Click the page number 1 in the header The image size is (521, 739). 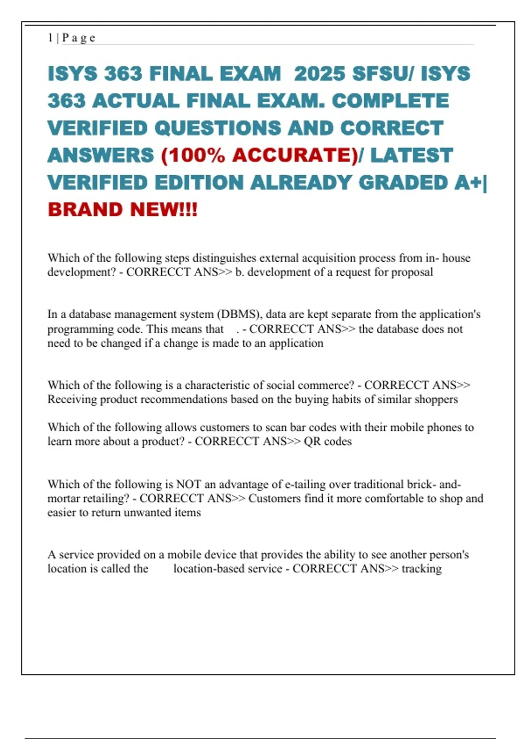[50, 38]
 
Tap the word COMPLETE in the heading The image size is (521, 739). [390, 101]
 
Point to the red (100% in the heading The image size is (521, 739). [192, 155]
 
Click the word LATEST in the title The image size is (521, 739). [411, 155]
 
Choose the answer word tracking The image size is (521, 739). [422, 569]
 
